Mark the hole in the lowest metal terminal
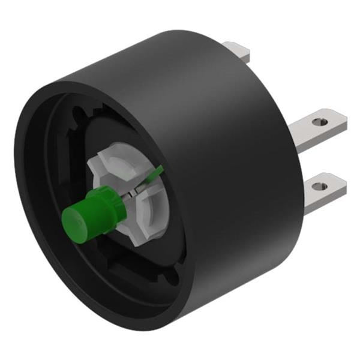(318, 185)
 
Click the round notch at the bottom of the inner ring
(169, 277)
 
